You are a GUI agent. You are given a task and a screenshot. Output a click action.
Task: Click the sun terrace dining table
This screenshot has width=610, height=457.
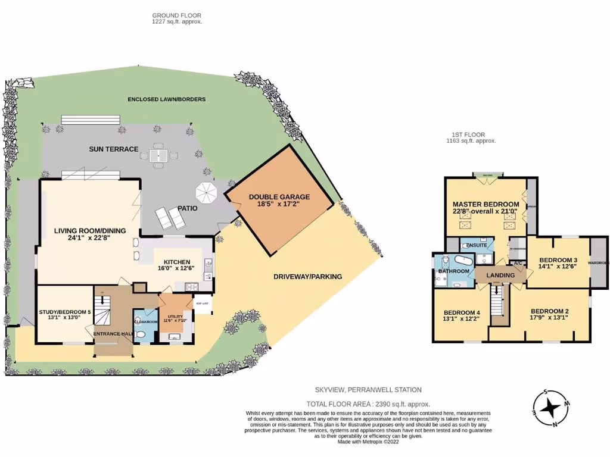click(158, 156)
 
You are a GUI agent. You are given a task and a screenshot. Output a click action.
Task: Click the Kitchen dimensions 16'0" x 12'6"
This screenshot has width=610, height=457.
click(173, 269)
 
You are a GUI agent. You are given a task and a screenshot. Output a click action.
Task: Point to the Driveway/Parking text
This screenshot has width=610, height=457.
click(308, 276)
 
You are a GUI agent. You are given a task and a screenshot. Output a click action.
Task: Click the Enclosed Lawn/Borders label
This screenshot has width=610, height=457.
click(166, 99)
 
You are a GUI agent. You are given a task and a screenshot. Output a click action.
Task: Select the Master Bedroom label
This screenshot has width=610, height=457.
click(485, 204)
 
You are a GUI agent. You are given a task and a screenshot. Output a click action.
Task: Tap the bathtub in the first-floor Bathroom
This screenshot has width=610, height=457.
click(462, 261)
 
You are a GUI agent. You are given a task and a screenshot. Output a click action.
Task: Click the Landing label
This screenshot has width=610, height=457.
click(500, 275)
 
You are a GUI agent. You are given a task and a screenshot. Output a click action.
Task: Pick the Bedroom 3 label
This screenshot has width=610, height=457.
click(558, 260)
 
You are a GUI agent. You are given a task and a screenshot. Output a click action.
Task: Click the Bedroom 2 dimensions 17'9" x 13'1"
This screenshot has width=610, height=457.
click(549, 317)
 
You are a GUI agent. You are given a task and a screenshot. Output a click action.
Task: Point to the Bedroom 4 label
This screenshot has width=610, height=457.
click(462, 312)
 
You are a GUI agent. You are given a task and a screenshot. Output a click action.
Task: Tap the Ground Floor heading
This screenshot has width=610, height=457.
click(177, 15)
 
